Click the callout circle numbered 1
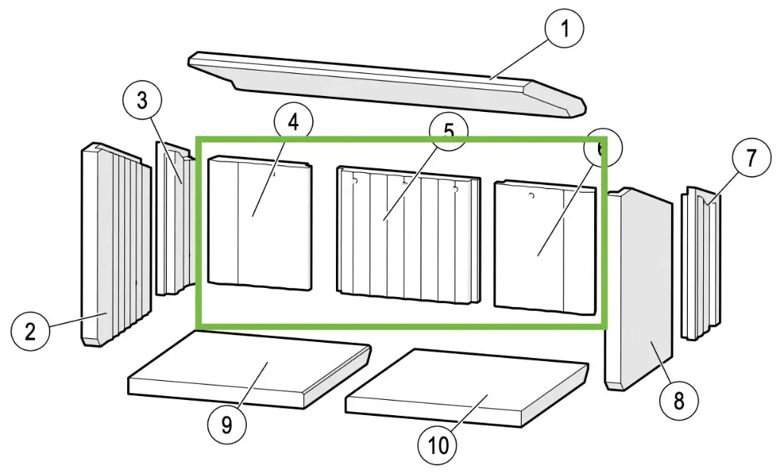pyautogui.click(x=564, y=30)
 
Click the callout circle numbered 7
pyautogui.click(x=751, y=158)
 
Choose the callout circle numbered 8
pyautogui.click(x=678, y=400)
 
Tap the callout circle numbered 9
pyautogui.click(x=226, y=425)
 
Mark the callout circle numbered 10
pyautogui.click(x=439, y=444)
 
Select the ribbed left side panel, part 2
pyautogui.click(x=110, y=244)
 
